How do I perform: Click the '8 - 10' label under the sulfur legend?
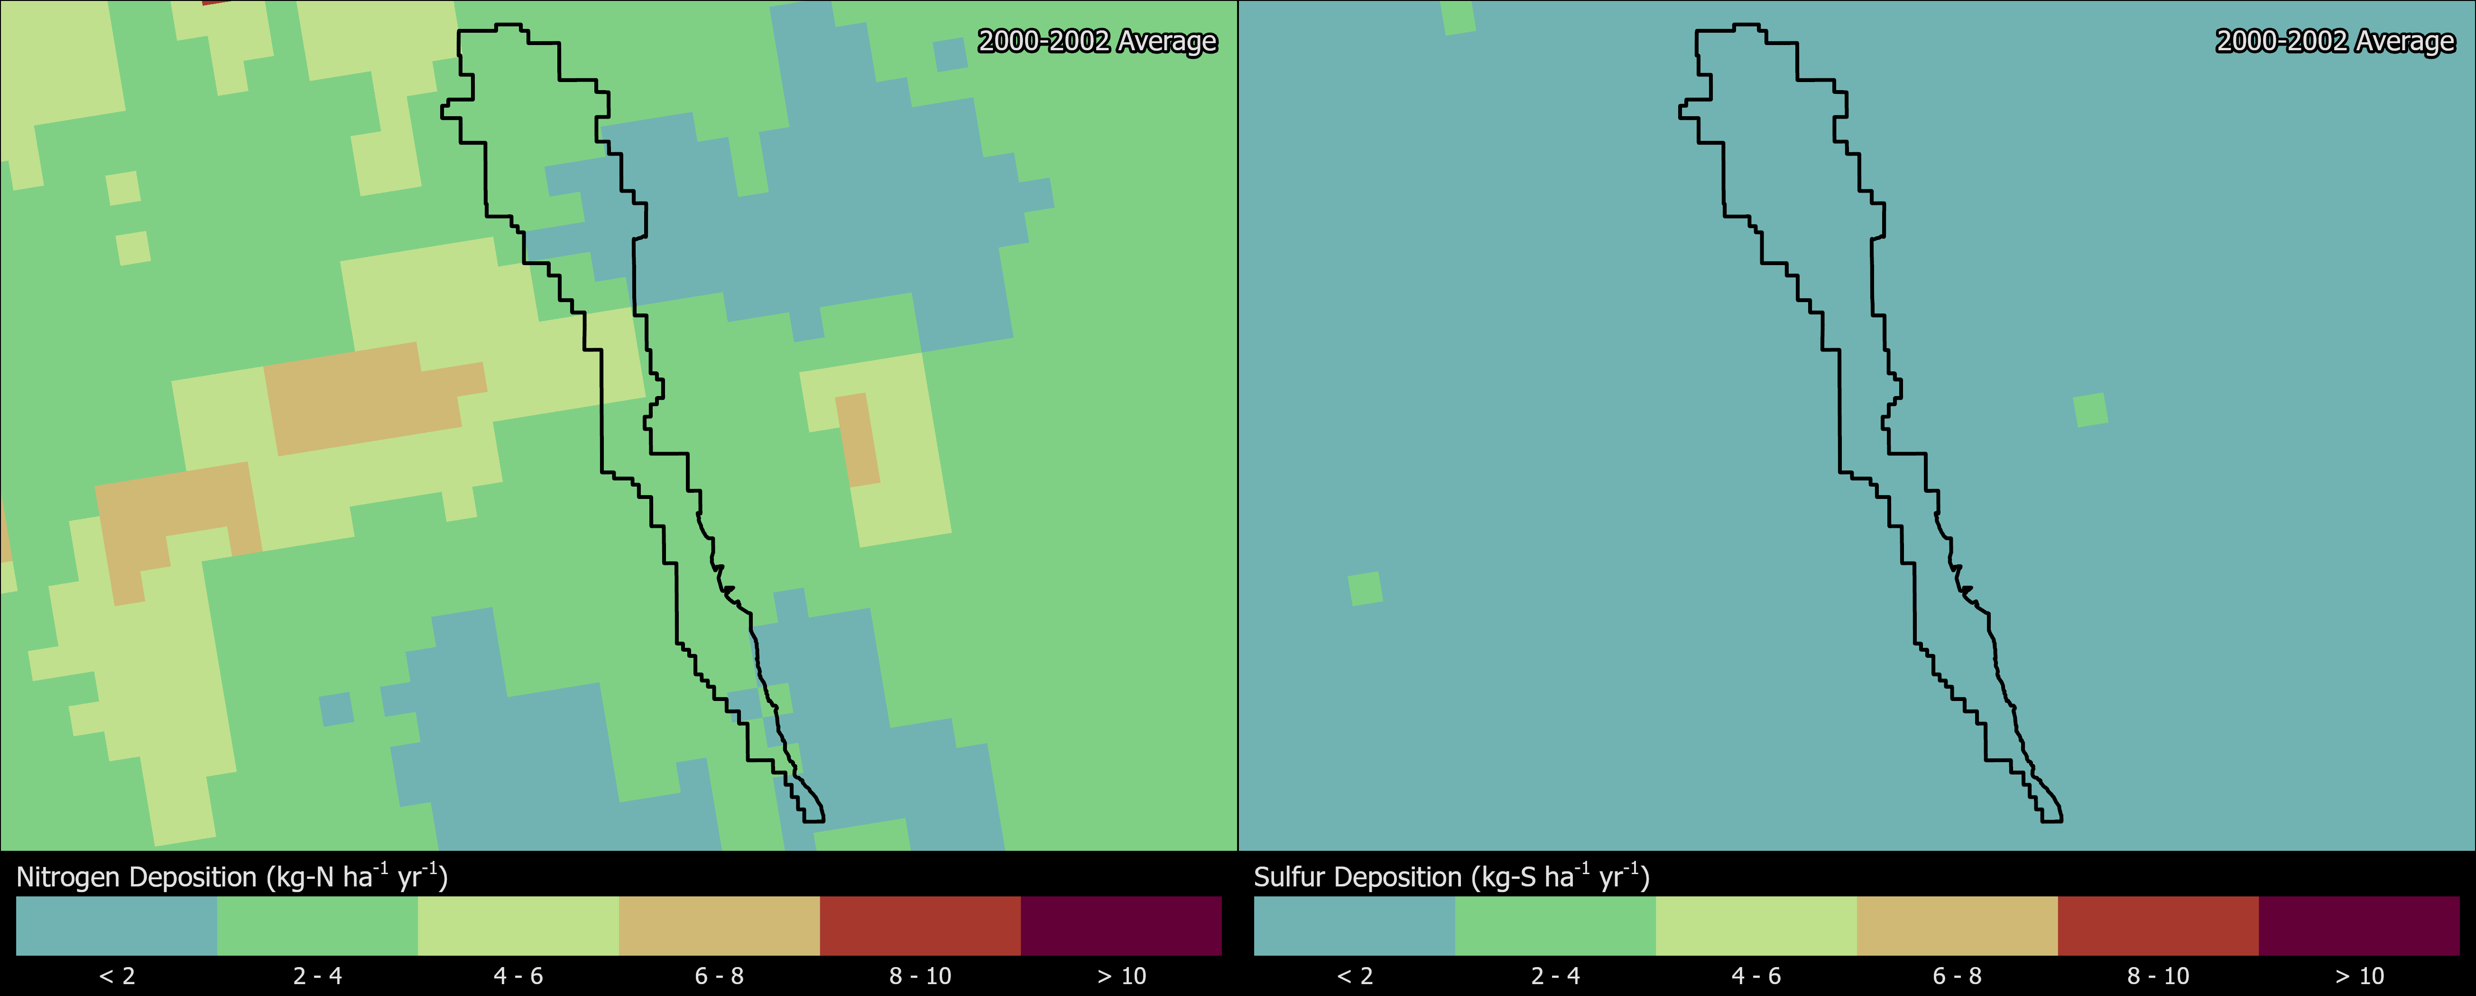pyautogui.click(x=2158, y=976)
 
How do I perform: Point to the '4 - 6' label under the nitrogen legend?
pyautogui.click(x=518, y=976)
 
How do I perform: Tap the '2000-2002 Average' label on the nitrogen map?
pyautogui.click(x=1097, y=41)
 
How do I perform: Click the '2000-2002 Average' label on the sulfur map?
pyautogui.click(x=2335, y=41)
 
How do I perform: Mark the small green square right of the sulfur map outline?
pyautogui.click(x=2090, y=410)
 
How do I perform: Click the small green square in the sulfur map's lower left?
pyautogui.click(x=1365, y=589)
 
